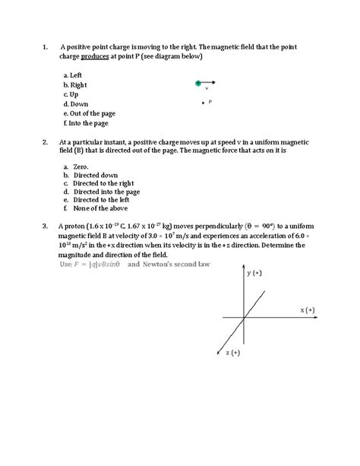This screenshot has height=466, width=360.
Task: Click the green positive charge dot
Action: point(197,82)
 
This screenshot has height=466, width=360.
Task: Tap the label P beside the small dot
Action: point(210,101)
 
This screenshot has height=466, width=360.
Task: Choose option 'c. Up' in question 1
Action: point(71,94)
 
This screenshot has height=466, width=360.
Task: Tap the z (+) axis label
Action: point(232,353)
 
